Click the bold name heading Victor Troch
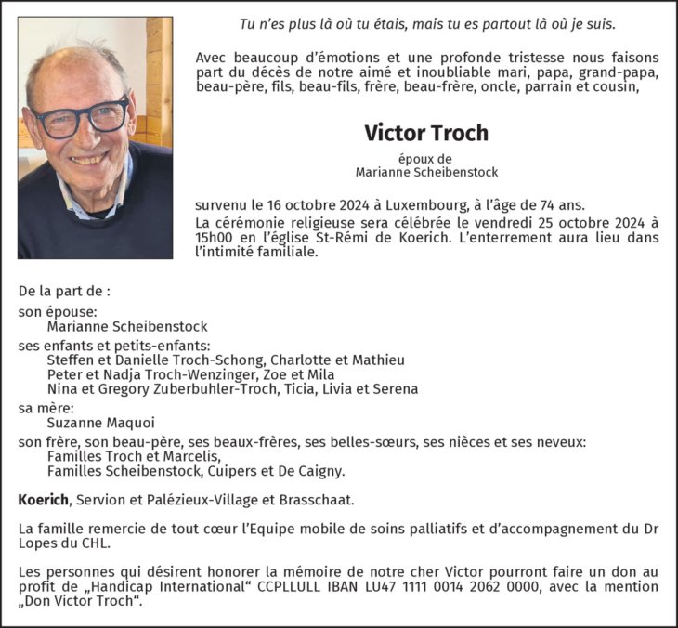(426, 133)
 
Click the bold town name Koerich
(43, 500)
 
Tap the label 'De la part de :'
(64, 291)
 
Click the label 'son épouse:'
(58, 312)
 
